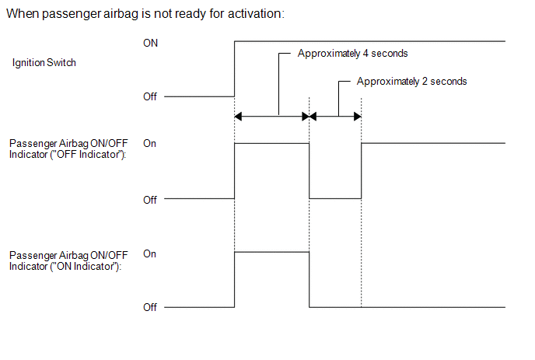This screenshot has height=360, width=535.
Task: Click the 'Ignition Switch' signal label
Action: tap(44, 63)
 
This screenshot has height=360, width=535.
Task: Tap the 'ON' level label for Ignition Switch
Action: tap(151, 43)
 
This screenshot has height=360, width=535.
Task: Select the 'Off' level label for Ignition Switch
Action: tap(150, 96)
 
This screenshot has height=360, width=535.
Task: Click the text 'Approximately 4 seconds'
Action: tap(352, 54)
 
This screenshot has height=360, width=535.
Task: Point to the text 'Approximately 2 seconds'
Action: tap(411, 82)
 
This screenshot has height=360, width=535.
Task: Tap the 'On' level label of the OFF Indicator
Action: tap(150, 144)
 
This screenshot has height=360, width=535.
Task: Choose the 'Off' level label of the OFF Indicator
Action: tap(150, 200)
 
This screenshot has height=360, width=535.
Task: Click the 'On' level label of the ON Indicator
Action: tap(150, 254)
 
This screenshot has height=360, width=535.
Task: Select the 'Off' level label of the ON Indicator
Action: tap(150, 307)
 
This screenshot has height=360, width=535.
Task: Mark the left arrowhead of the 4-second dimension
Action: tap(238, 117)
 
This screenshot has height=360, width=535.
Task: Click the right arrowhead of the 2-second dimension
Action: tap(357, 117)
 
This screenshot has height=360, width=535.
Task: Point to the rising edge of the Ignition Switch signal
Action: tap(234, 69)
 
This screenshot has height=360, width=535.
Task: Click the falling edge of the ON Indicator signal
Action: tap(309, 279)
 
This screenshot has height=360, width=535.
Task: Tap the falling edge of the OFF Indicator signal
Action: tap(309, 171)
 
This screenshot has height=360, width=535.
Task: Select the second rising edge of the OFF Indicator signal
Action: tap(362, 171)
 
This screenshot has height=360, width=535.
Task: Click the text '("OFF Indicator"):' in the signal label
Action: tap(88, 155)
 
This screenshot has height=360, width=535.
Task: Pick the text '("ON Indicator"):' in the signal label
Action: tap(86, 266)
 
